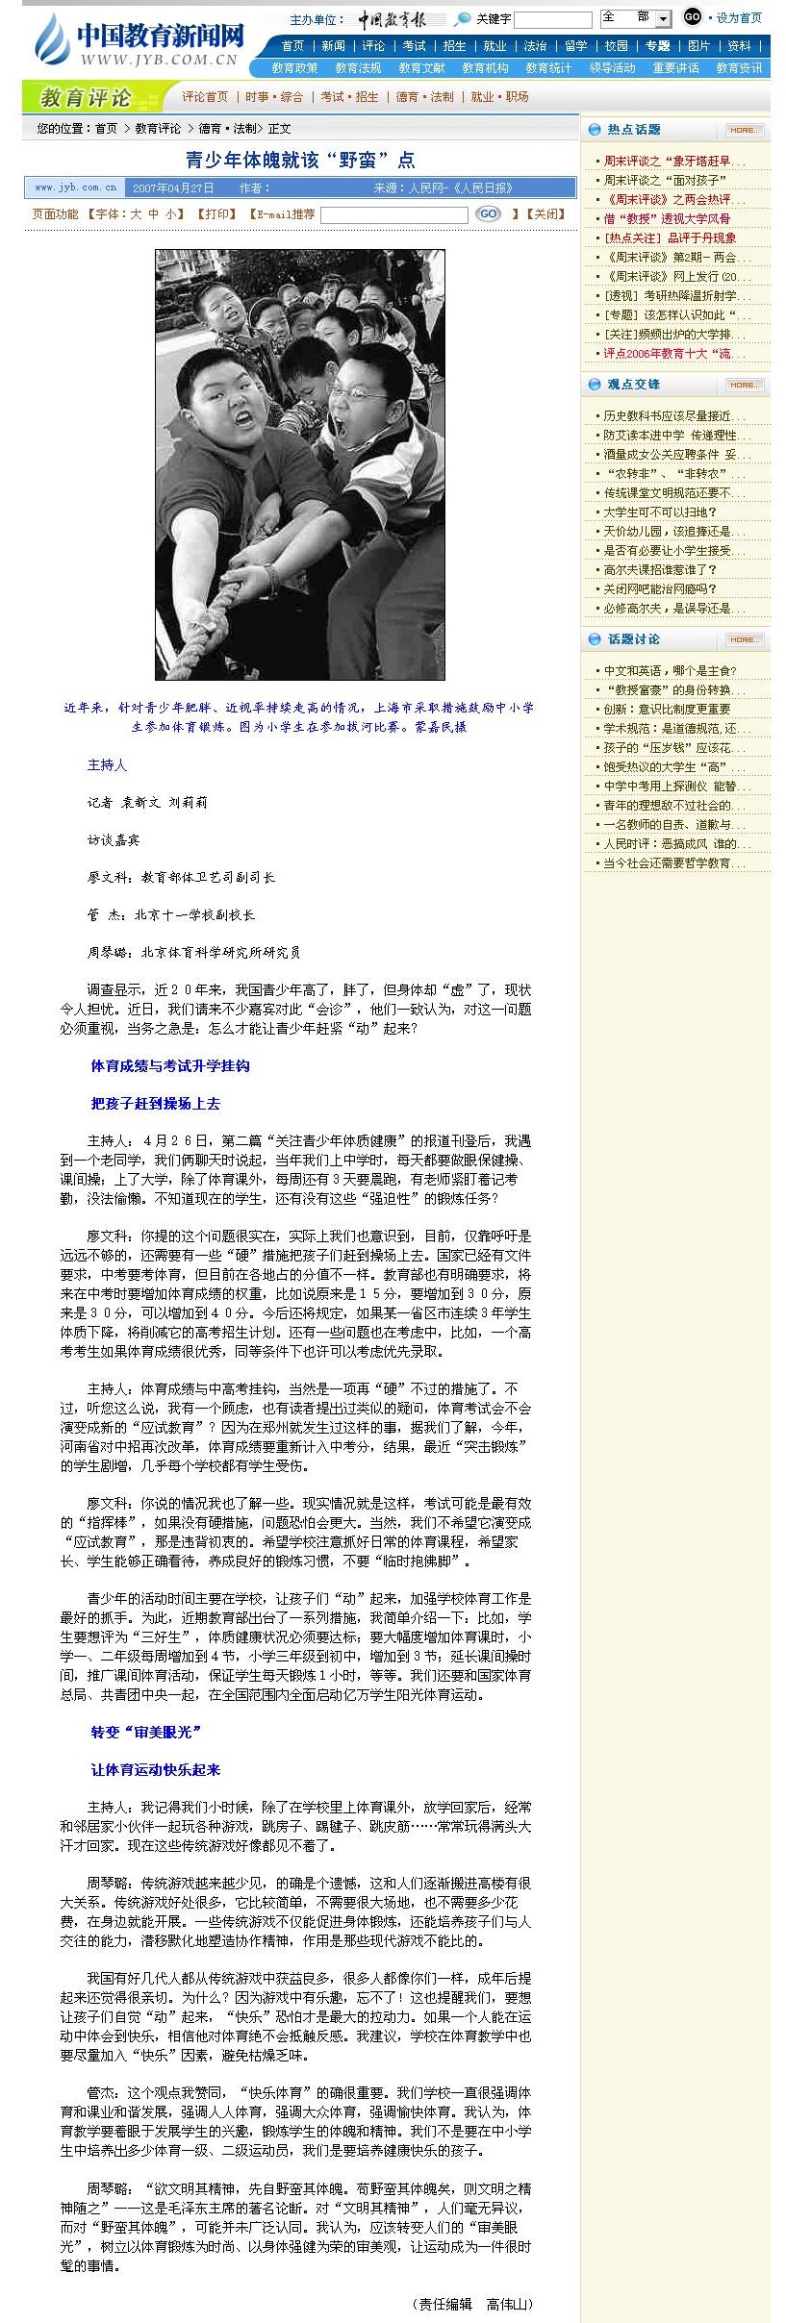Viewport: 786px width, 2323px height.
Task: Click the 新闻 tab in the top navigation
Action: click(333, 46)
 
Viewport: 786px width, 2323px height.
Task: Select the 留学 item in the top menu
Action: click(575, 46)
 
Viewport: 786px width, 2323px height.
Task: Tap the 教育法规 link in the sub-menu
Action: click(358, 68)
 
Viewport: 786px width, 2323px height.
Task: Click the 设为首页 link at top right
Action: click(739, 18)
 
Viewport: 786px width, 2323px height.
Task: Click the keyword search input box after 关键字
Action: click(553, 20)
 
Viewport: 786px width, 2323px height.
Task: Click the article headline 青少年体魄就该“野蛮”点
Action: click(300, 161)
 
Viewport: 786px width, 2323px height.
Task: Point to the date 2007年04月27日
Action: click(173, 188)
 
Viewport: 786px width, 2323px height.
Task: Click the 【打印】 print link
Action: click(216, 214)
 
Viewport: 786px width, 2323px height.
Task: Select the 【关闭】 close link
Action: click(544, 214)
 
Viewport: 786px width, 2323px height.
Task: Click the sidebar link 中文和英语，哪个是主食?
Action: click(670, 671)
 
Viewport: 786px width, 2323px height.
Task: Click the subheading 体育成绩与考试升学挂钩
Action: click(170, 1065)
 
